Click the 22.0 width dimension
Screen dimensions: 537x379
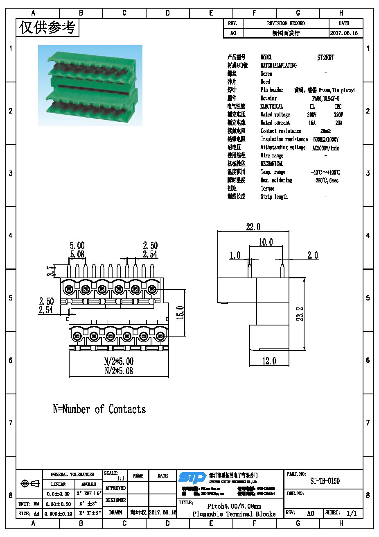coord(253,227)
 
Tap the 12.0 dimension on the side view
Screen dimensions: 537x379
coord(269,361)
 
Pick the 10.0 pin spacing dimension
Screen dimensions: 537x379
coord(266,242)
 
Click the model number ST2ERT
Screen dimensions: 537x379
coord(325,58)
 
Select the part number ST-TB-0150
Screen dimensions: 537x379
coord(325,481)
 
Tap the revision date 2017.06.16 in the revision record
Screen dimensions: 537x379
coord(344,33)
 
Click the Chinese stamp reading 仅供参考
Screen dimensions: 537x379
coord(47,27)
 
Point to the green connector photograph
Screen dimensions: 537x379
coord(90,85)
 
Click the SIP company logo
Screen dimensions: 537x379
coord(192,478)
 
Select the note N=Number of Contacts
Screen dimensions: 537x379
coord(99,409)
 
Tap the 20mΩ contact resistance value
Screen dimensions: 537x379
coord(325,131)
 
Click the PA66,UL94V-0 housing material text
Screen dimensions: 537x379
coord(326,98)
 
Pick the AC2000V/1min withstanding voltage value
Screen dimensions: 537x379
coord(326,148)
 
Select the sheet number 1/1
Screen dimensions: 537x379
coord(351,513)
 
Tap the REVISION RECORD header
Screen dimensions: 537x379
coord(286,23)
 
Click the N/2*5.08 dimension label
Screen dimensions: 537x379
coord(119,371)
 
